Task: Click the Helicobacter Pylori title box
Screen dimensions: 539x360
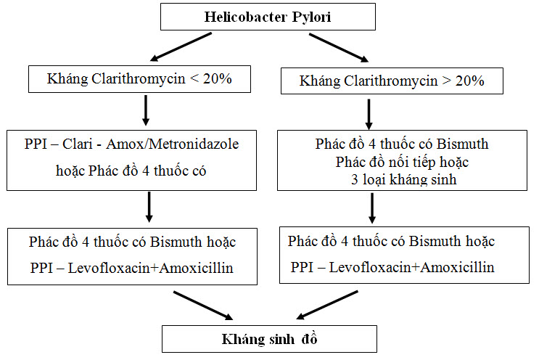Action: point(268,17)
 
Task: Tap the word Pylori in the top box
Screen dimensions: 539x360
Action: point(311,17)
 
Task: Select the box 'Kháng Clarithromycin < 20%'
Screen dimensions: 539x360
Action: point(139,79)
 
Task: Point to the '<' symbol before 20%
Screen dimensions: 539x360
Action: point(194,78)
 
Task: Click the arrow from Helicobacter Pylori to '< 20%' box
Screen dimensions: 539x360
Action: point(181,47)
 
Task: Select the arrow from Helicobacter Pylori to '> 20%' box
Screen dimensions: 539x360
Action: point(339,48)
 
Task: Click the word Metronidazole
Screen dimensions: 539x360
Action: point(194,144)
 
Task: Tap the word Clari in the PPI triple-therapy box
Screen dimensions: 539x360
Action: point(78,144)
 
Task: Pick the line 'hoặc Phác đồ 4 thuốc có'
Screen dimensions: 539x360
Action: point(131,171)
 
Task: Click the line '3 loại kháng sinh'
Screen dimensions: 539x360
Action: point(403,179)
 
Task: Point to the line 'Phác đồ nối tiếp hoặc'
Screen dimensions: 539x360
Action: point(402,162)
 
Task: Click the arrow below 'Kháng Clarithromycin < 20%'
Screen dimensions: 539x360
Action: point(146,110)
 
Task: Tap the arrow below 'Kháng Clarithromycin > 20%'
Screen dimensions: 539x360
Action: point(369,115)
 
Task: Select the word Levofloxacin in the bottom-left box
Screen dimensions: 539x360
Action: point(109,268)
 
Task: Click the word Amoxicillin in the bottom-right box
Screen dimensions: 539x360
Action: point(458,267)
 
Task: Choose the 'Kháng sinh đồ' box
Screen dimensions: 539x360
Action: point(270,339)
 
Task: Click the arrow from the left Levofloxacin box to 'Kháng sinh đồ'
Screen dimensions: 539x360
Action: point(203,306)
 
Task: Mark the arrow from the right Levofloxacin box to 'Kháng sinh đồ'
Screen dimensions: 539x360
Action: point(327,305)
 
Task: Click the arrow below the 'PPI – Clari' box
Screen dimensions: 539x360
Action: point(149,207)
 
